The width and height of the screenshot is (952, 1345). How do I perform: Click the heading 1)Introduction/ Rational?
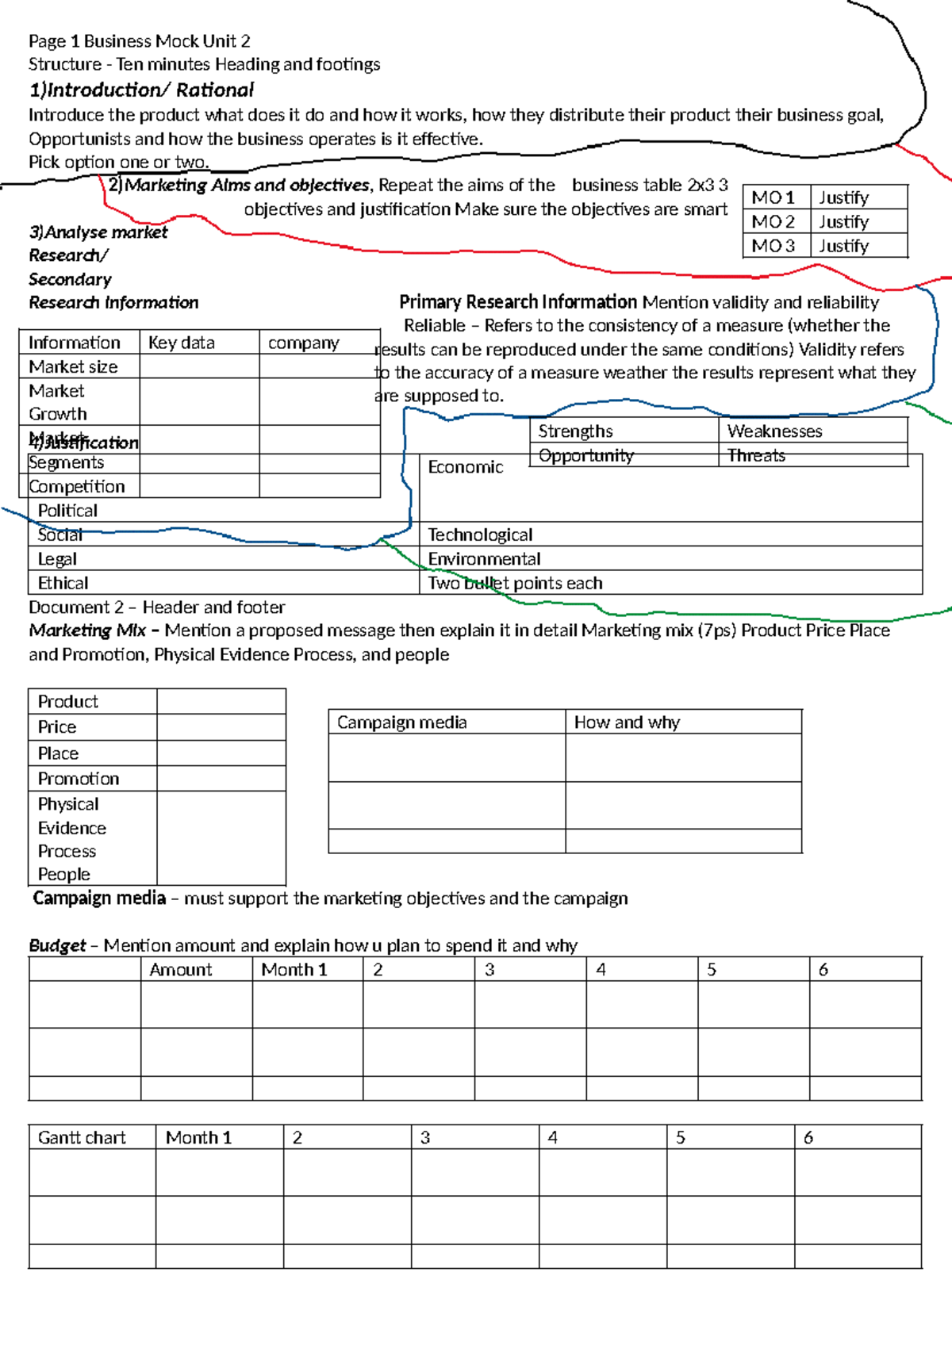(141, 90)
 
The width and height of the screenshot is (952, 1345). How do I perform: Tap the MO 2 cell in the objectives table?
(773, 222)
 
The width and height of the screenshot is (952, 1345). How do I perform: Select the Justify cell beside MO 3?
(843, 246)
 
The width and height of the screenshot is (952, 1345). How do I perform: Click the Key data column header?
(182, 343)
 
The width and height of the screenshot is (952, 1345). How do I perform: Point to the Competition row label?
(77, 486)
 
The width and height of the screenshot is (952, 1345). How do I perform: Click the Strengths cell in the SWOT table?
(575, 431)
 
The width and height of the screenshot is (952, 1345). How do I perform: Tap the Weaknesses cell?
(774, 431)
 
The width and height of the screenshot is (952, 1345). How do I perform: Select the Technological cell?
(480, 535)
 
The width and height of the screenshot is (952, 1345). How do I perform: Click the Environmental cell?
(484, 559)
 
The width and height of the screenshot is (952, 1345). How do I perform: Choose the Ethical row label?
(63, 583)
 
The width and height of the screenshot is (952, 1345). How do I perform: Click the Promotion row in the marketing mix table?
(79, 779)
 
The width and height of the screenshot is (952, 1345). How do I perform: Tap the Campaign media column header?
(402, 722)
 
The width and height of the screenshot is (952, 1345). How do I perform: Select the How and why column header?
(627, 722)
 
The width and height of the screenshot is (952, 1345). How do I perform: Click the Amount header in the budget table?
(181, 970)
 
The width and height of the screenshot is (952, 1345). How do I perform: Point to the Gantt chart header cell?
(82, 1137)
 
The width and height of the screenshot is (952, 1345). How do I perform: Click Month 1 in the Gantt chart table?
(198, 1137)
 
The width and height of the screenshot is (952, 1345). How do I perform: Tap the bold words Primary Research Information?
(518, 302)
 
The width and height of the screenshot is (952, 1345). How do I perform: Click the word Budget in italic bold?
(57, 945)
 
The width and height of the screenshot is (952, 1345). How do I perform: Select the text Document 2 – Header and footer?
(157, 607)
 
